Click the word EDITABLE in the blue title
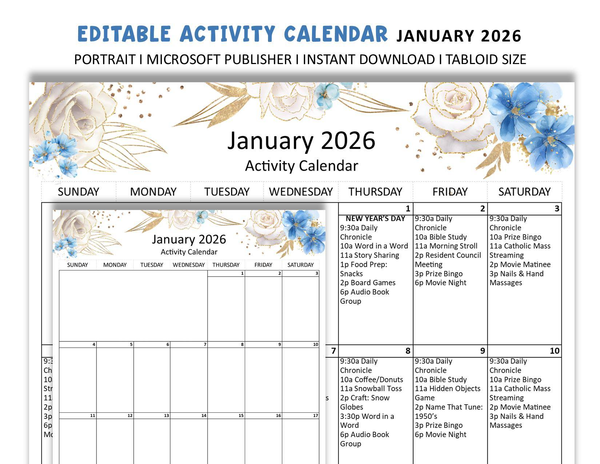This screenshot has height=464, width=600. (124, 34)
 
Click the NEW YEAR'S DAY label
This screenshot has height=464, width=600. (375, 219)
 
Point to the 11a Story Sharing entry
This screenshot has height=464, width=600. (369, 255)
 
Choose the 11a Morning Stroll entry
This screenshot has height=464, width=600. (446, 246)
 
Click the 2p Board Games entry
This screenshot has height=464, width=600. (368, 283)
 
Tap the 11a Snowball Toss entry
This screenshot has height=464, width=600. (371, 389)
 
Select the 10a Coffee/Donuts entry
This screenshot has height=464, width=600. (372, 380)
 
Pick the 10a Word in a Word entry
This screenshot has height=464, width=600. (374, 246)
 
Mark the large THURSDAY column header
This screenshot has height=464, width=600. (375, 192)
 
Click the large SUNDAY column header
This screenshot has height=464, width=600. (79, 192)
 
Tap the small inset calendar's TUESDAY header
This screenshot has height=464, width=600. (152, 265)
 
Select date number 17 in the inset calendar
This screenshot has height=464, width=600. (315, 416)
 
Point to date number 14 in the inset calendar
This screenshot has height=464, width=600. (204, 416)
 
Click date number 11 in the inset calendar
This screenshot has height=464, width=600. (92, 416)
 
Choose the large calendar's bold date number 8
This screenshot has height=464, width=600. (408, 351)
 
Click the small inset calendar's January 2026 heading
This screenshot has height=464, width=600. (189, 239)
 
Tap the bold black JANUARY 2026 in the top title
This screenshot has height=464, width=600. (459, 36)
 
